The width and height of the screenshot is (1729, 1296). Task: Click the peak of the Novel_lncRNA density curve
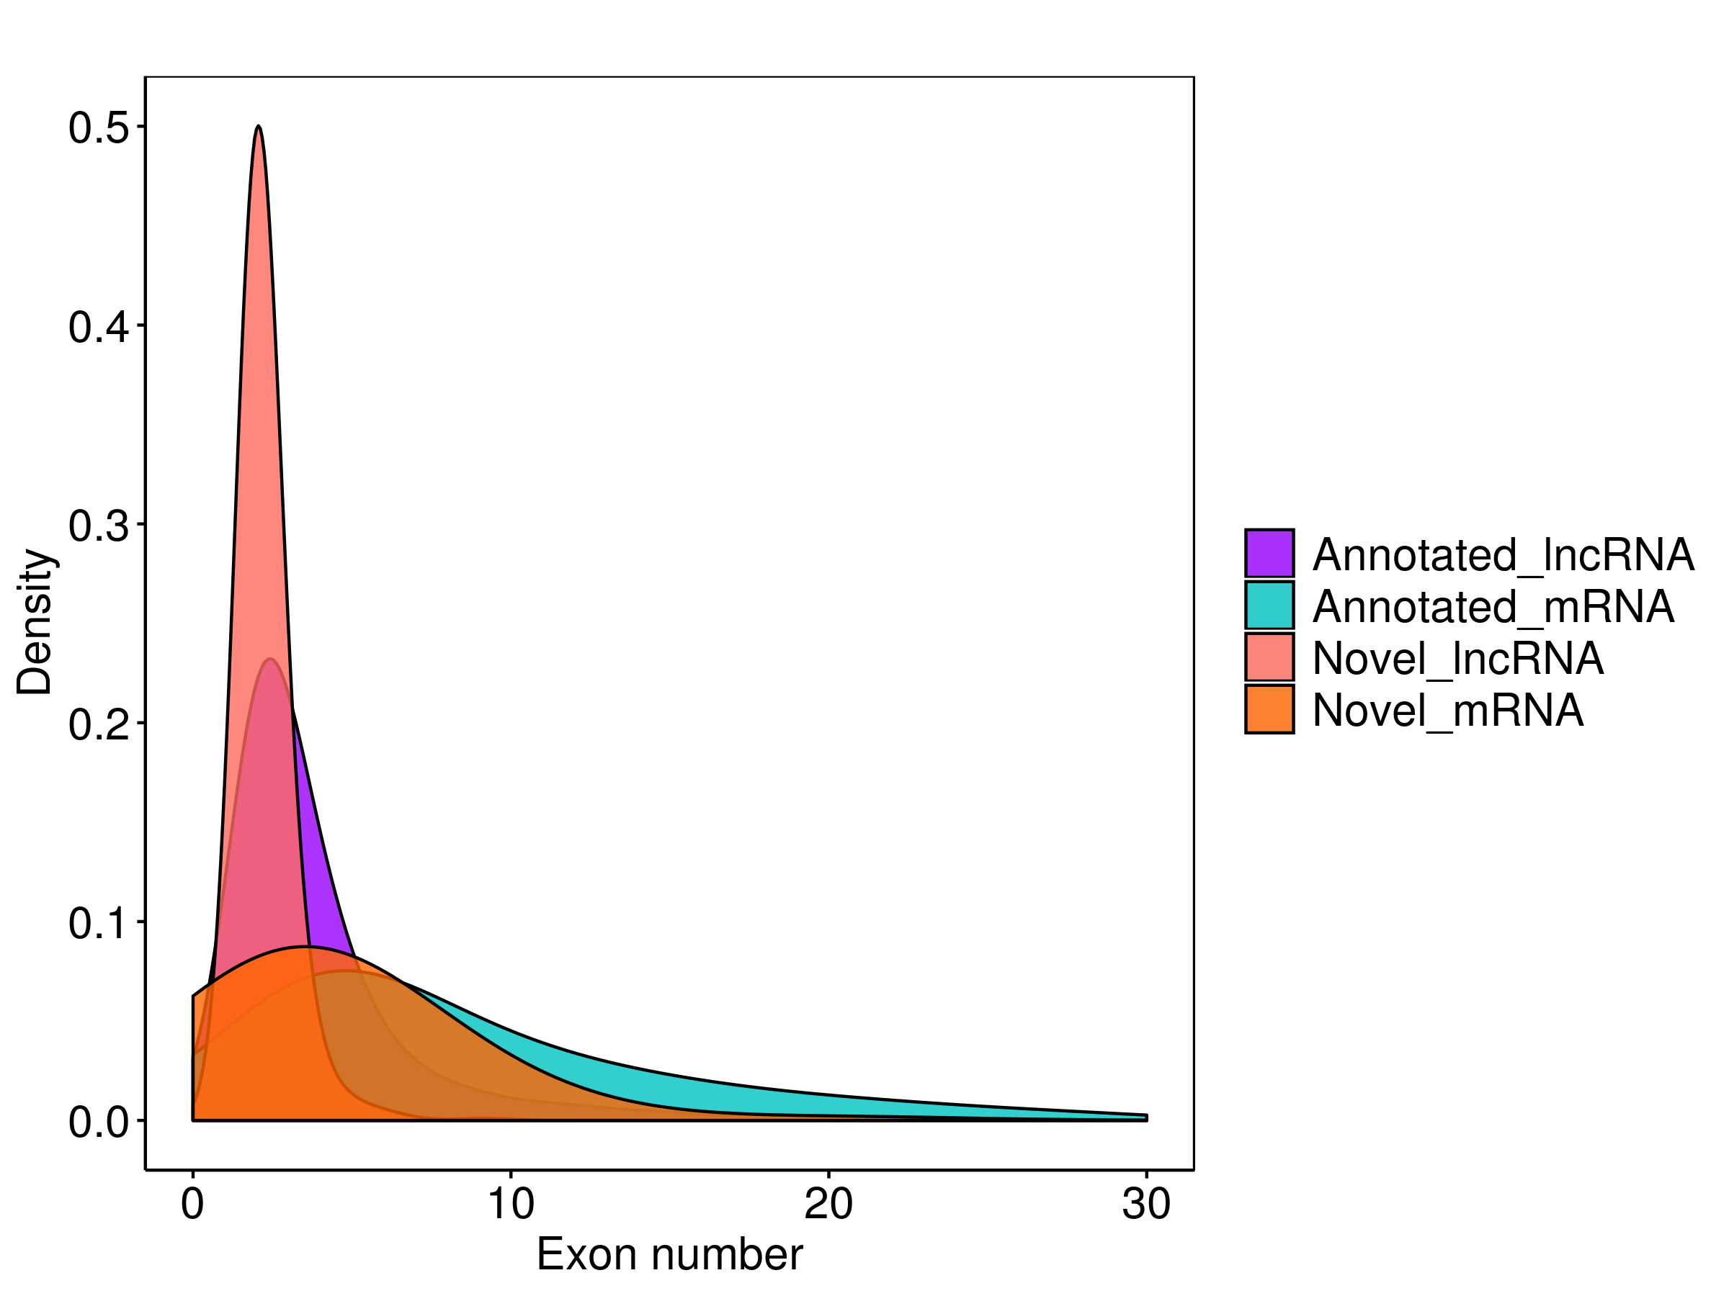click(x=259, y=127)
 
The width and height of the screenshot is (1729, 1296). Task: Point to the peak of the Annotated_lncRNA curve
click(x=269, y=660)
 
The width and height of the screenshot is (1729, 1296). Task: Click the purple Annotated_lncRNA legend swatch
click(x=1269, y=553)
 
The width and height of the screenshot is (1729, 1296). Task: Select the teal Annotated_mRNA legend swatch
click(x=1269, y=605)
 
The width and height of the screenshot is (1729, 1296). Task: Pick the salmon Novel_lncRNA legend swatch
click(x=1269, y=657)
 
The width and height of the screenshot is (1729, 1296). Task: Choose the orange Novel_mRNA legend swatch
click(x=1269, y=709)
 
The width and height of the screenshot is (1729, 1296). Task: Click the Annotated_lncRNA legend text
click(x=1503, y=554)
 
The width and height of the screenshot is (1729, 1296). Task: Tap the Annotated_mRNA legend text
click(x=1493, y=606)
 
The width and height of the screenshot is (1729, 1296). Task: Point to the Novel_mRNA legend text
click(x=1447, y=711)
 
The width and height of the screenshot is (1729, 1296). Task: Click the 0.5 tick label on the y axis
click(x=99, y=128)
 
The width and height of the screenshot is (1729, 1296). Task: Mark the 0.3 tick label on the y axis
click(x=99, y=526)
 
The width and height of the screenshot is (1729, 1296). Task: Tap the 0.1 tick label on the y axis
click(x=99, y=923)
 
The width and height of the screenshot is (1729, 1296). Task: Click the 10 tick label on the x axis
click(x=510, y=1204)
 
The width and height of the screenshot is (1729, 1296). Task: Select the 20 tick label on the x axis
click(x=828, y=1204)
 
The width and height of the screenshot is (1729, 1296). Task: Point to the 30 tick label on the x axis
click(x=1146, y=1204)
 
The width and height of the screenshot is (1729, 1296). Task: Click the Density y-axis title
click(x=35, y=622)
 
